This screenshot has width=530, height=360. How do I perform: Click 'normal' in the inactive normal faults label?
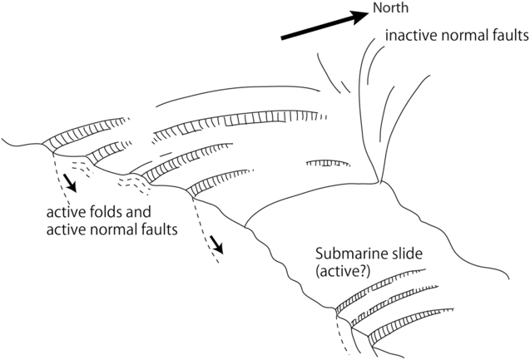tap(462, 37)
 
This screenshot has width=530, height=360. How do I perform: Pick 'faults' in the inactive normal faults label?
tap(506, 37)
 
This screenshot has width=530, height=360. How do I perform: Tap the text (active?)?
tap(340, 270)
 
